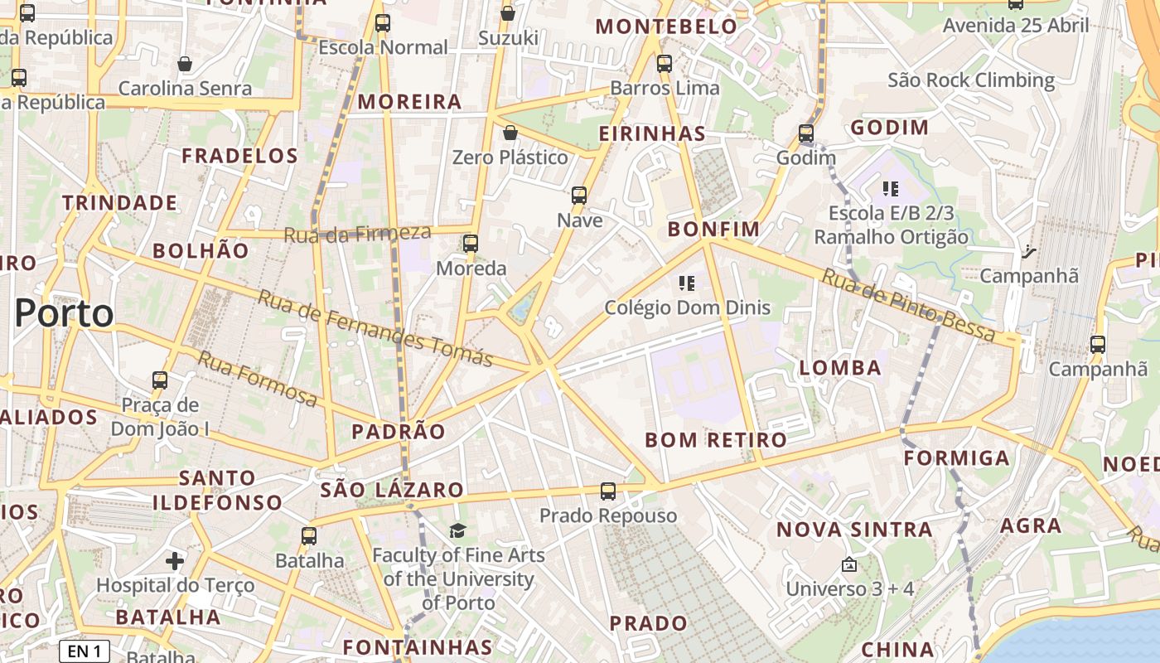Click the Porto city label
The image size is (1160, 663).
[x=64, y=313]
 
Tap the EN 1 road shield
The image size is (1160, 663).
[x=85, y=651]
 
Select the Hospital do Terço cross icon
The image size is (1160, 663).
[x=174, y=562]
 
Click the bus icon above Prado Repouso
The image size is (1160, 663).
[x=608, y=491]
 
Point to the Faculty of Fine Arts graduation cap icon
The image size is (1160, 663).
[x=457, y=530]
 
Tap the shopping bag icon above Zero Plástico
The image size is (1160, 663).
[x=510, y=133]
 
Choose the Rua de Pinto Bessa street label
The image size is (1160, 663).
[x=907, y=305]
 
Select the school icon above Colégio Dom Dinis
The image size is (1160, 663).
[x=686, y=284]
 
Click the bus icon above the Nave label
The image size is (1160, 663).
[x=579, y=196]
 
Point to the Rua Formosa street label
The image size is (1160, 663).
[x=257, y=379]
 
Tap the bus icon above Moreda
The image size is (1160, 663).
[x=471, y=244]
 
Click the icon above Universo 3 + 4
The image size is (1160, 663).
[x=848, y=565]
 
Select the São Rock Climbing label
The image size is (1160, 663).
[x=971, y=80]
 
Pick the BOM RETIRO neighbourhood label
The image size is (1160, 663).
[x=716, y=440]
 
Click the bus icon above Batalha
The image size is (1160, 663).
[x=309, y=536]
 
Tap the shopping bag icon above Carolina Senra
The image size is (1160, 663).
[x=185, y=64]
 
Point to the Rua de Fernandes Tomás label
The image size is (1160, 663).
[x=375, y=328]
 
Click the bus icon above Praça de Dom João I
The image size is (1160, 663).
[x=160, y=380]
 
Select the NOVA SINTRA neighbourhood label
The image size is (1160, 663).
[x=854, y=530]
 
